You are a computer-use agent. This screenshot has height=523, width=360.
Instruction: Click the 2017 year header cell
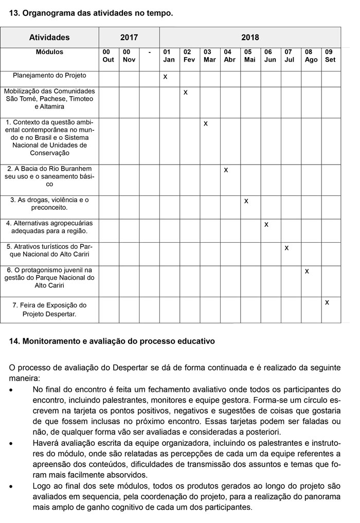[x=129, y=38]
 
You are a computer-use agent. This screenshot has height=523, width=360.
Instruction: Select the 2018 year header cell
[x=250, y=38]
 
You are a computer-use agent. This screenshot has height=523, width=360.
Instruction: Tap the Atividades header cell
[x=49, y=38]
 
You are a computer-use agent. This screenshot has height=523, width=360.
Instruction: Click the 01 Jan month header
[x=169, y=56]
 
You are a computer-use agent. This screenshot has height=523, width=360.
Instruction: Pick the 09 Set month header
[x=330, y=56]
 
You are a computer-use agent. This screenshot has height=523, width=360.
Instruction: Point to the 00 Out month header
[x=109, y=56]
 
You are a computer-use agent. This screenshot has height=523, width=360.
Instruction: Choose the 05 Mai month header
[x=250, y=56]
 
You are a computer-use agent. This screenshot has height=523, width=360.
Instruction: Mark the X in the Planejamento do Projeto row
[x=165, y=77]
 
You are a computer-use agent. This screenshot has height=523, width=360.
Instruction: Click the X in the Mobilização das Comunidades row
[x=186, y=93]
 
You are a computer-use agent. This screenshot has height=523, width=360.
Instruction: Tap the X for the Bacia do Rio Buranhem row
[x=226, y=170]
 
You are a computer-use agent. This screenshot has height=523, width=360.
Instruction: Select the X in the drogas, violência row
[x=246, y=201]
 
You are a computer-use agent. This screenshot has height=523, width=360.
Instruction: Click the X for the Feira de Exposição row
[x=327, y=302]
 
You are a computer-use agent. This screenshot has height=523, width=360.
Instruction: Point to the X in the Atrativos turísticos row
[x=286, y=248]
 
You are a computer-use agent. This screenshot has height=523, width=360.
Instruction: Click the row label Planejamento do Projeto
[x=49, y=76]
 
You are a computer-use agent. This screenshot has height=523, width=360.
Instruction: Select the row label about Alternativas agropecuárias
[x=49, y=227]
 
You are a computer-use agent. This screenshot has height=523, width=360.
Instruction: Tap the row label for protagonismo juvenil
[x=49, y=277]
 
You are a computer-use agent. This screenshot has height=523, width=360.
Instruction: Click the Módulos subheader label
[x=49, y=52]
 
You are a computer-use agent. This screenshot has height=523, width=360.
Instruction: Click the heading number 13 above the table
[x=14, y=13]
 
